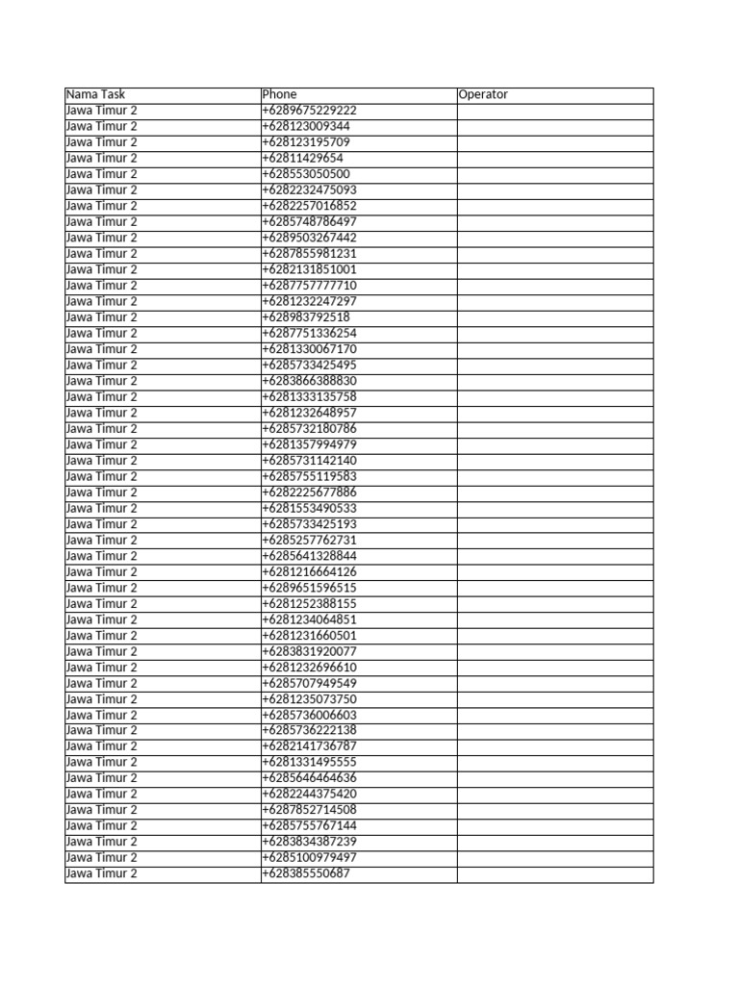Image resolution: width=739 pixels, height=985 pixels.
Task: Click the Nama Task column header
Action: [x=95, y=95]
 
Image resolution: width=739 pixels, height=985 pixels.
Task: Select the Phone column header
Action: [x=280, y=95]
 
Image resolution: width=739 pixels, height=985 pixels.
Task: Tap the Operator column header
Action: [x=483, y=95]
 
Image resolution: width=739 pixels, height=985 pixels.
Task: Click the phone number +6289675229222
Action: [x=309, y=111]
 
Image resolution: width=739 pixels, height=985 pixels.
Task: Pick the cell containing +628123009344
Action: [x=306, y=126]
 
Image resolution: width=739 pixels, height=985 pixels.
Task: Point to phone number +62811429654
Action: [x=302, y=159]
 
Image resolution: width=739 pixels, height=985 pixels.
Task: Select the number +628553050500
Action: [x=306, y=174]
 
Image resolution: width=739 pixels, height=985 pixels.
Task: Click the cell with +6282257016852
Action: [x=309, y=206]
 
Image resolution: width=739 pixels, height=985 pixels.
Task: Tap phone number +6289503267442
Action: [x=309, y=238]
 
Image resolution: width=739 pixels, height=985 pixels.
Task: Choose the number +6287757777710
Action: [x=309, y=286]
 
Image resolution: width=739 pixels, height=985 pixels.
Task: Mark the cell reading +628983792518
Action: [x=306, y=317]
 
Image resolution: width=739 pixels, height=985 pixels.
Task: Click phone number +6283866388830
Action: [x=309, y=381]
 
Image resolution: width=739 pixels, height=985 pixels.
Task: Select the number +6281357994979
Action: [x=309, y=444]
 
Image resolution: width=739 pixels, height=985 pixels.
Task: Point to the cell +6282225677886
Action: [x=309, y=492]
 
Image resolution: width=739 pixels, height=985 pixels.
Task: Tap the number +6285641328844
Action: [x=309, y=556]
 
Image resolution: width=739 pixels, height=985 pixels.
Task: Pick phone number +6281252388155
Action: [x=309, y=604]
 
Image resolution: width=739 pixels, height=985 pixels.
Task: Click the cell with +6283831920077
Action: [x=309, y=651]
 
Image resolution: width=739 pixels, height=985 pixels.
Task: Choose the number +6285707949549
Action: [x=309, y=683]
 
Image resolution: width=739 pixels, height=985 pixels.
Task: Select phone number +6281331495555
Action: [x=309, y=762]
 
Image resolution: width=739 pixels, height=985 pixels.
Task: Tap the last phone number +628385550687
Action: [x=306, y=873]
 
